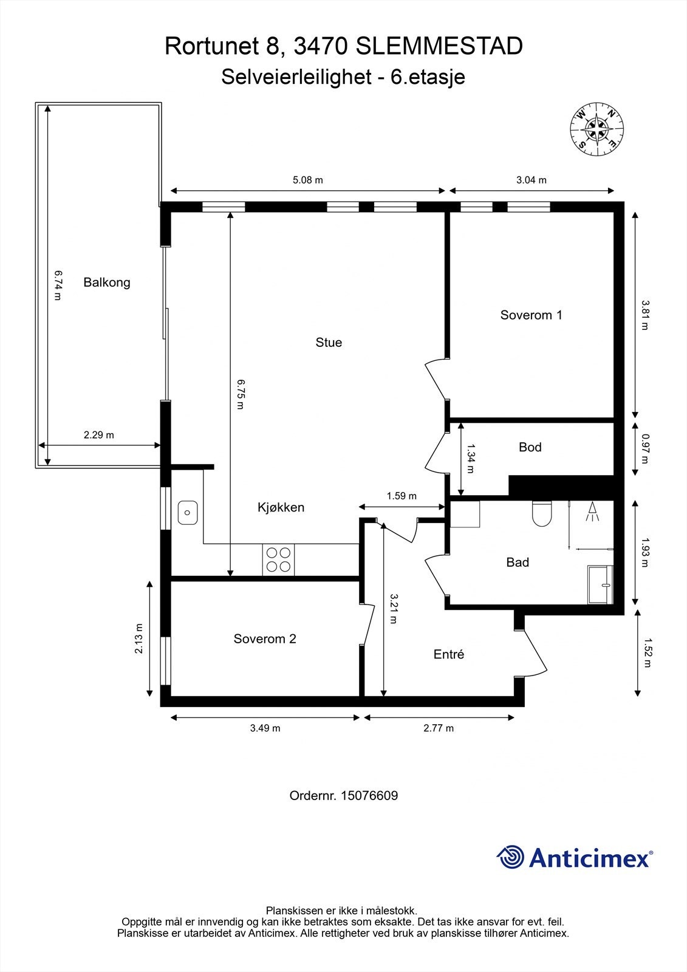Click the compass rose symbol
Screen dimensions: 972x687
596,129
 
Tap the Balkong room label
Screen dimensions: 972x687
107,282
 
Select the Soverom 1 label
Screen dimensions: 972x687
531,315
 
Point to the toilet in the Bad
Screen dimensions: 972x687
541,514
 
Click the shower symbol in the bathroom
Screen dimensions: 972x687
592,512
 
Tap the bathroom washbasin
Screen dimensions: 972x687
601,584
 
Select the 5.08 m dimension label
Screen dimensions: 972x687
308,180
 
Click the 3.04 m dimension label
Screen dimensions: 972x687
531,180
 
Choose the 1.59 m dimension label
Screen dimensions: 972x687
402,496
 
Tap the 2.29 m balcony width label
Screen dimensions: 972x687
98,435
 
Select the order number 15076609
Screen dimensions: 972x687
369,795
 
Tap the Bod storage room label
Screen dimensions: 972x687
530,447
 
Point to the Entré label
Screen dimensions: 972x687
449,654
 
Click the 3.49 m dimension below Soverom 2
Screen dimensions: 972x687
265,728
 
